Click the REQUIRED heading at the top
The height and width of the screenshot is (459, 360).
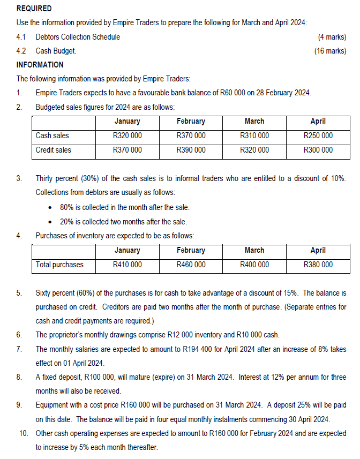pos(34,9)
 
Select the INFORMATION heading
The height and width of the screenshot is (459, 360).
pos(40,65)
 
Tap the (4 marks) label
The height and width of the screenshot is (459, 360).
pos(332,37)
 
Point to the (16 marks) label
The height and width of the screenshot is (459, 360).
pos(330,51)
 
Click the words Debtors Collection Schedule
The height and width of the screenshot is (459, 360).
pos(78,37)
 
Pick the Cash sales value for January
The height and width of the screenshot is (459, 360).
pos(127,136)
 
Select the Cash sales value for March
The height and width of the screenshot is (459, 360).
pos(254,136)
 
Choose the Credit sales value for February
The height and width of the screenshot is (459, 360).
pos(191,150)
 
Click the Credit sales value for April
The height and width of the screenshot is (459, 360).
pos(318,150)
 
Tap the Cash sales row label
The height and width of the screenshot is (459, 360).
pos(52,136)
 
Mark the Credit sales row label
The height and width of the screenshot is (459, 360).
pos(54,150)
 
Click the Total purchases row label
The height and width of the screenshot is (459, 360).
pos(59,265)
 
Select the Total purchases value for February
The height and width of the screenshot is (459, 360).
pos(191,265)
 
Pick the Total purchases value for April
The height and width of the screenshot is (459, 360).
pos(318,265)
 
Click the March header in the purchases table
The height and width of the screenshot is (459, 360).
pos(254,250)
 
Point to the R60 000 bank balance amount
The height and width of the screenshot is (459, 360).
pos(233,93)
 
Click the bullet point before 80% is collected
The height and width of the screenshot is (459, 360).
pos(50,207)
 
